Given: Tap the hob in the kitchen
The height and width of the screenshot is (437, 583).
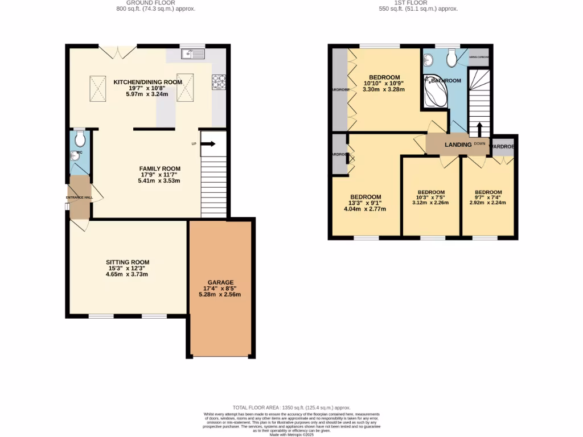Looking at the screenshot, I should coord(219,82).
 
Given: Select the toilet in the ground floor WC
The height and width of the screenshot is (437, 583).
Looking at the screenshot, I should coord(80,139).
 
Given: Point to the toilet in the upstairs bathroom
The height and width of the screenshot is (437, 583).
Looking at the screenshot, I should coord(453,57).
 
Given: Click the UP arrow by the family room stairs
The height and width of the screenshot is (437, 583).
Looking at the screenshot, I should coord(207,144).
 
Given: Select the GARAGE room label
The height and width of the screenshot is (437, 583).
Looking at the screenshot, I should coord(220,282).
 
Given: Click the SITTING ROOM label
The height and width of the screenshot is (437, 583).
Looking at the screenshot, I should coord(127,262).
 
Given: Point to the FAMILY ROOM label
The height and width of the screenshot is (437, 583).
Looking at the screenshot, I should coord(159,168).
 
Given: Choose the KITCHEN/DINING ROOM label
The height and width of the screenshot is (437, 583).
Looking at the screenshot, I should coord(147,82).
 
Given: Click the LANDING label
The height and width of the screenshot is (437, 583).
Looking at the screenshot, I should coord(458,145).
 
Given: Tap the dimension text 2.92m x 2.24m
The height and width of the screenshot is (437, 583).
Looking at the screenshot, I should coord(488,203).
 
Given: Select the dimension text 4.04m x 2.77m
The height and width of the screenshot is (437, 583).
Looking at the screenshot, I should coord(365,209).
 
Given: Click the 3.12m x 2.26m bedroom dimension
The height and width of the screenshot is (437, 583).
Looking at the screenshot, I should coord(431,203).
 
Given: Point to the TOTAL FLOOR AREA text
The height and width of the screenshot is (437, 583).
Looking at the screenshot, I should coord(291,408).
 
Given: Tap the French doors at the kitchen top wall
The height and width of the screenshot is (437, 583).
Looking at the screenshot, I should coord(118,51).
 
